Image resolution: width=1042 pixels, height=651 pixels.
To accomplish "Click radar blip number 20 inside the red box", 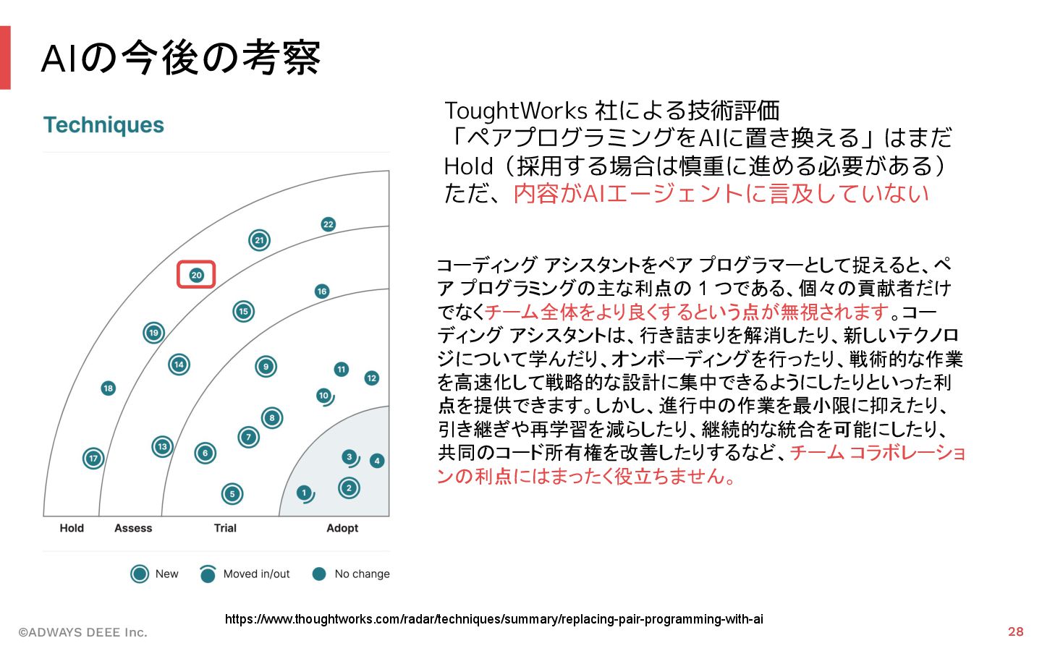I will pyautogui.click(x=196, y=275).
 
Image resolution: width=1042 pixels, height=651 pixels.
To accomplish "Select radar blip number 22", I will pyautogui.click(x=328, y=224).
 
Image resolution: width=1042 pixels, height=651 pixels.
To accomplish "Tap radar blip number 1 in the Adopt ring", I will pyautogui.click(x=304, y=493).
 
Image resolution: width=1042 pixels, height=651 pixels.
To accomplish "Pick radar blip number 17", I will pyautogui.click(x=93, y=458).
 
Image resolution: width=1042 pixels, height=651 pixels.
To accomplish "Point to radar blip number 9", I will pyautogui.click(x=266, y=367).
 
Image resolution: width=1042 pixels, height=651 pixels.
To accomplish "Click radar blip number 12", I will pyautogui.click(x=371, y=378).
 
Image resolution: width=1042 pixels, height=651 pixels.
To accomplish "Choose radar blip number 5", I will pyautogui.click(x=232, y=494).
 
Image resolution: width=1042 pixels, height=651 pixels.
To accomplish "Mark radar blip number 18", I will pyautogui.click(x=108, y=388).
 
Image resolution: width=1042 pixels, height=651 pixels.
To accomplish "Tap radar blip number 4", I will pyautogui.click(x=376, y=461).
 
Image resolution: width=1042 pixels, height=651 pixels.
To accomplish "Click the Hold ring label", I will pyautogui.click(x=72, y=528).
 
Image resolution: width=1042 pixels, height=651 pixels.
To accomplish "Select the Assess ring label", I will pyautogui.click(x=133, y=528).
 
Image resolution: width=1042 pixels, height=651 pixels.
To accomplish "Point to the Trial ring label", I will pyautogui.click(x=225, y=528).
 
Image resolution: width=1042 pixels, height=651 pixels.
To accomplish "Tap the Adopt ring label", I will pyautogui.click(x=342, y=528).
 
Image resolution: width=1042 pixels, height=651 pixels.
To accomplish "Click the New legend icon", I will pyautogui.click(x=140, y=574).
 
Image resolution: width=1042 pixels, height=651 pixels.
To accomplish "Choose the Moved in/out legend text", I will pyautogui.click(x=256, y=574).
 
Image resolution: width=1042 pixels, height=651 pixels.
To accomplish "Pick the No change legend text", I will pyautogui.click(x=362, y=574).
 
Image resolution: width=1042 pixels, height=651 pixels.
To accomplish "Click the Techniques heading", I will pyautogui.click(x=103, y=125).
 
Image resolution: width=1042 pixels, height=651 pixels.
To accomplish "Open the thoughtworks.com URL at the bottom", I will pyautogui.click(x=494, y=619).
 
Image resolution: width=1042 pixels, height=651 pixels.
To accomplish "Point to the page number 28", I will pyautogui.click(x=1015, y=631).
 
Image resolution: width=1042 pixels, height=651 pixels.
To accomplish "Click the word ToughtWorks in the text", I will pyautogui.click(x=515, y=111).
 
